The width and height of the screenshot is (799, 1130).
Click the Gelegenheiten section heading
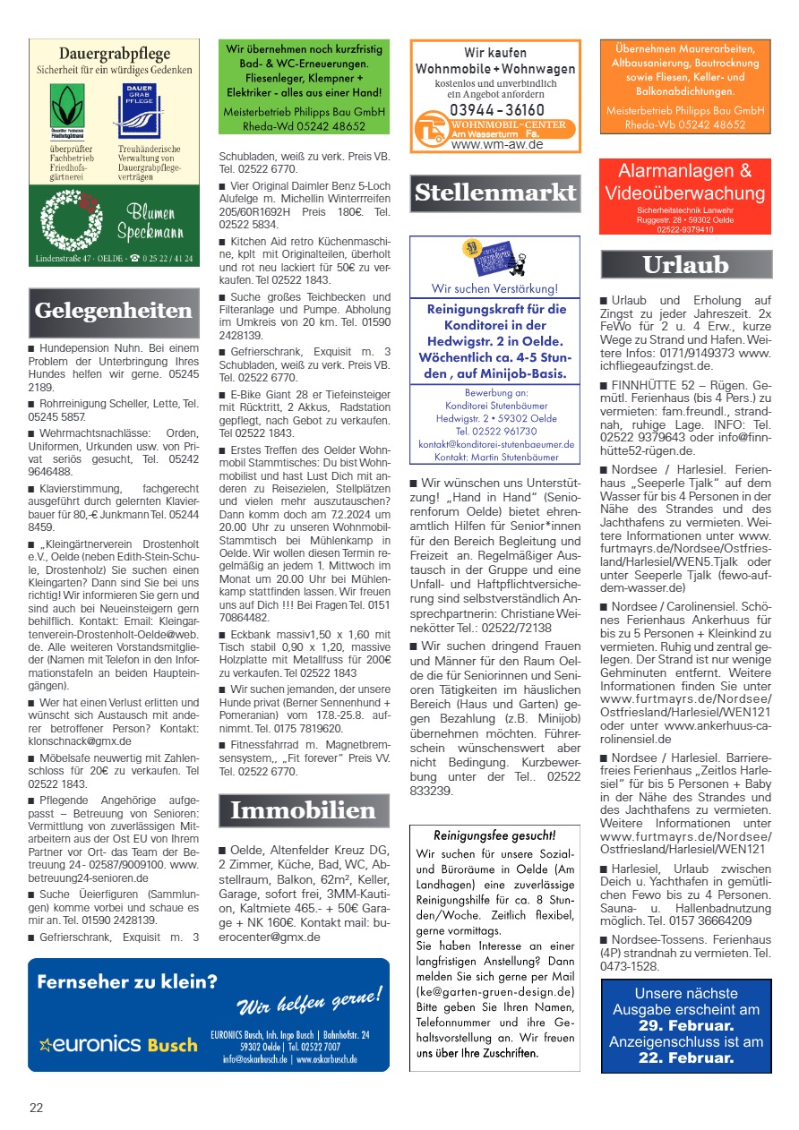113,311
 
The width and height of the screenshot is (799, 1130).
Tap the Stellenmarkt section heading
495,192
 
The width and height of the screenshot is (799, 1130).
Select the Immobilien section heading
303,810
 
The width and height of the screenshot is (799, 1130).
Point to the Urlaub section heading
685,264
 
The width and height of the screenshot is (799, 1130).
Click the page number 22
36,1108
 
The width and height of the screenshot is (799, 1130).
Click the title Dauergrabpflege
114,54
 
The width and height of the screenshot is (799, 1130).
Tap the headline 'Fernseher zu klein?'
126,982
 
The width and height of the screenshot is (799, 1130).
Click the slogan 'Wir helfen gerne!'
309,998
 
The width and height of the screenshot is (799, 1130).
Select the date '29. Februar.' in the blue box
686,1025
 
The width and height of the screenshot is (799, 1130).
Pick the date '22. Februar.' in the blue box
686,1057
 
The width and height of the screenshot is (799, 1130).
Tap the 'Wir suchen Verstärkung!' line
494,288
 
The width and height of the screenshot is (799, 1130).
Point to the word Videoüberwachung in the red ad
685,193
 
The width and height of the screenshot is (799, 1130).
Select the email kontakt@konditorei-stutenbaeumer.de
495,443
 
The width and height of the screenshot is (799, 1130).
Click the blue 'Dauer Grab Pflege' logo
141,109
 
